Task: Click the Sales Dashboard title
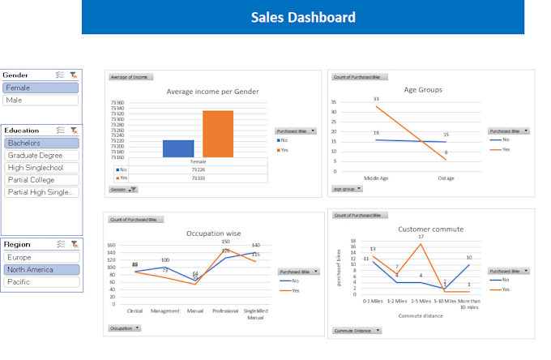[302, 17]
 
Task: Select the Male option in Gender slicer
[41, 101]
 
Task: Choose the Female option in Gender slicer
[41, 88]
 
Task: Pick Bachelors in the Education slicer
[41, 143]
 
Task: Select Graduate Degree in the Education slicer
[41, 156]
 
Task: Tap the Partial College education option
[41, 180]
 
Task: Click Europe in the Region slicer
[41, 257]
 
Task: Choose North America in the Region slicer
[41, 269]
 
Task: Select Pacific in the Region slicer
[41, 282]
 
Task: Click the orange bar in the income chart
[217, 134]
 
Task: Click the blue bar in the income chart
[178, 148]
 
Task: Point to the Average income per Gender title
[212, 92]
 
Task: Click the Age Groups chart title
[423, 90]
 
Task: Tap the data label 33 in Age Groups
[376, 100]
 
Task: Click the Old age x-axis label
[446, 178]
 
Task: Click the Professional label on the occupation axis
[225, 311]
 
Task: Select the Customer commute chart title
[431, 229]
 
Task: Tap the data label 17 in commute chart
[421, 237]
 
